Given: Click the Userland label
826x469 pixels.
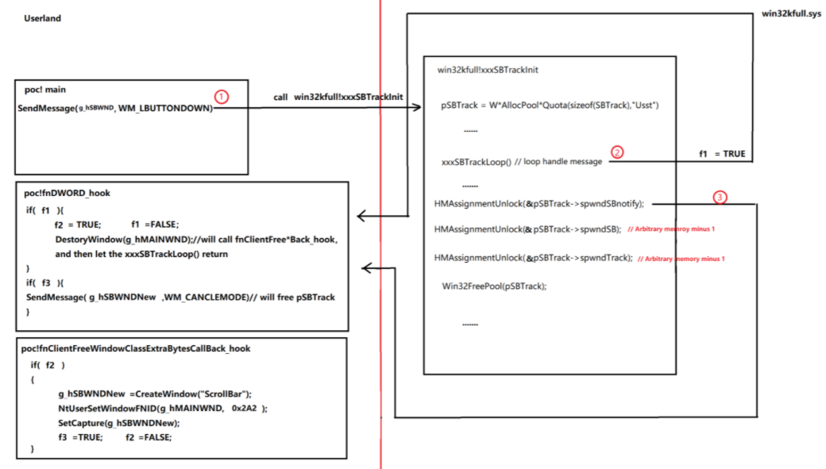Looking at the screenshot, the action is (42, 18).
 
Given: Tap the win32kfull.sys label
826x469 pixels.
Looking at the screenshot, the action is (791, 13).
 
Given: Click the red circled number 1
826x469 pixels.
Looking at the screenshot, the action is (222, 97).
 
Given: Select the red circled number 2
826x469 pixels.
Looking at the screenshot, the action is (617, 152).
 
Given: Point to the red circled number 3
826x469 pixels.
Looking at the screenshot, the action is (720, 198).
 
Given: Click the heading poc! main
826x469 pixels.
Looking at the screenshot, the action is (44, 90).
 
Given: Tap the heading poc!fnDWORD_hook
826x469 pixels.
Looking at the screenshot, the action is (67, 193).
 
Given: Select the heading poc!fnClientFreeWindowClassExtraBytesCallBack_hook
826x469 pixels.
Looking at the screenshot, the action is (136, 348).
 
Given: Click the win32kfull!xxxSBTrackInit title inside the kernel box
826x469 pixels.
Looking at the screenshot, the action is (488, 70).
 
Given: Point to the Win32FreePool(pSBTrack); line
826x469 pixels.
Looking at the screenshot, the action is (494, 286).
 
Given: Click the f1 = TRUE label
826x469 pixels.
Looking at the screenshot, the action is (722, 154).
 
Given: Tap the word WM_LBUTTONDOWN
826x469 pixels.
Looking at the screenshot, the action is (164, 109).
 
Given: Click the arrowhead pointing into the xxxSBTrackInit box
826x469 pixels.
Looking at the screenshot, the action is (417, 107).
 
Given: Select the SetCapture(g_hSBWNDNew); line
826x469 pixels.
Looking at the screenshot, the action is (119, 423).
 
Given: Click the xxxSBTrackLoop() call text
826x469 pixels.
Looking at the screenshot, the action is (477, 162).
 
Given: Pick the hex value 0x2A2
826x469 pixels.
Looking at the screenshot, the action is (244, 409).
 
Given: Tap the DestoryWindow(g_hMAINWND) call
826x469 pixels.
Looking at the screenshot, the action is (123, 240).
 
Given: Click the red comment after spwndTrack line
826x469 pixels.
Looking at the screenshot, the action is (681, 259).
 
